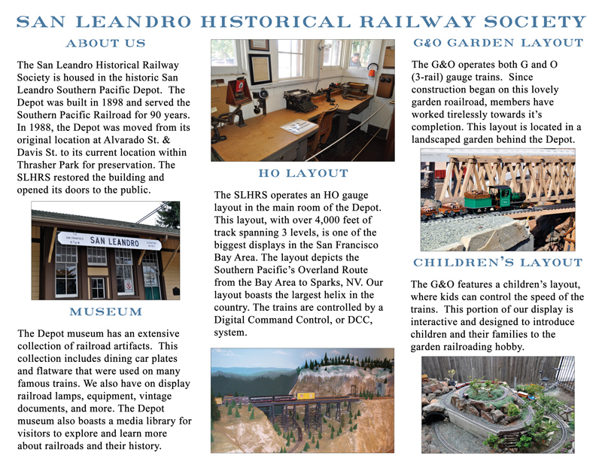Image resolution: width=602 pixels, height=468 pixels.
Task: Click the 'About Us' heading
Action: tap(105, 43)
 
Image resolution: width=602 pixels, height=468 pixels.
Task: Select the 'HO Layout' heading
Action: tap(303, 174)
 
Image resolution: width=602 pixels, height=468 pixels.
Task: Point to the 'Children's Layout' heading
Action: tap(497, 263)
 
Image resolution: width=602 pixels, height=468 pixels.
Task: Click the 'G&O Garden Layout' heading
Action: tap(497, 43)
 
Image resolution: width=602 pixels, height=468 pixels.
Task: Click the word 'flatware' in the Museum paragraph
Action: tap(53, 370)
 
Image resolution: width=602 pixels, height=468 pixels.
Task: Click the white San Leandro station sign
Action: tap(105, 242)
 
